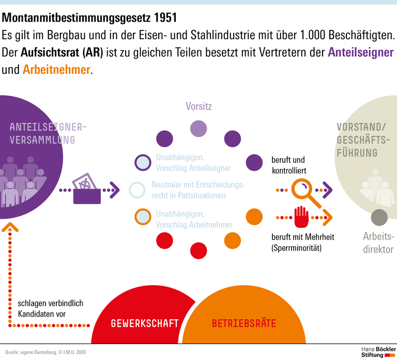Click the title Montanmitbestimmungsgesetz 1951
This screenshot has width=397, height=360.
click(x=89, y=18)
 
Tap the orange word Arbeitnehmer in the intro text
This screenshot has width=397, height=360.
click(x=56, y=70)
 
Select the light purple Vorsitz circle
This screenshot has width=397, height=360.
click(x=198, y=129)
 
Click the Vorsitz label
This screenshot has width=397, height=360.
click(x=198, y=106)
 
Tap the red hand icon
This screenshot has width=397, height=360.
click(x=301, y=217)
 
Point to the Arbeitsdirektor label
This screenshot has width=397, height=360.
click(x=378, y=243)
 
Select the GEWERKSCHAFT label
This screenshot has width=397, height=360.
click(x=145, y=324)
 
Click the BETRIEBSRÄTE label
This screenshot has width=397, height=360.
click(x=243, y=324)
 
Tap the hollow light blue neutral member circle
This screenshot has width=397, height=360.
click(x=137, y=191)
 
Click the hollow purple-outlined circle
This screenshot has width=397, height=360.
click(x=142, y=162)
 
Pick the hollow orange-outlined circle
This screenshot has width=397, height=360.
click(x=142, y=217)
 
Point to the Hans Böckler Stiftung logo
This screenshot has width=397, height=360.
click(x=376, y=350)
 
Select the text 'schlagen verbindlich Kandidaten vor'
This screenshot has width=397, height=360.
click(x=50, y=308)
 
